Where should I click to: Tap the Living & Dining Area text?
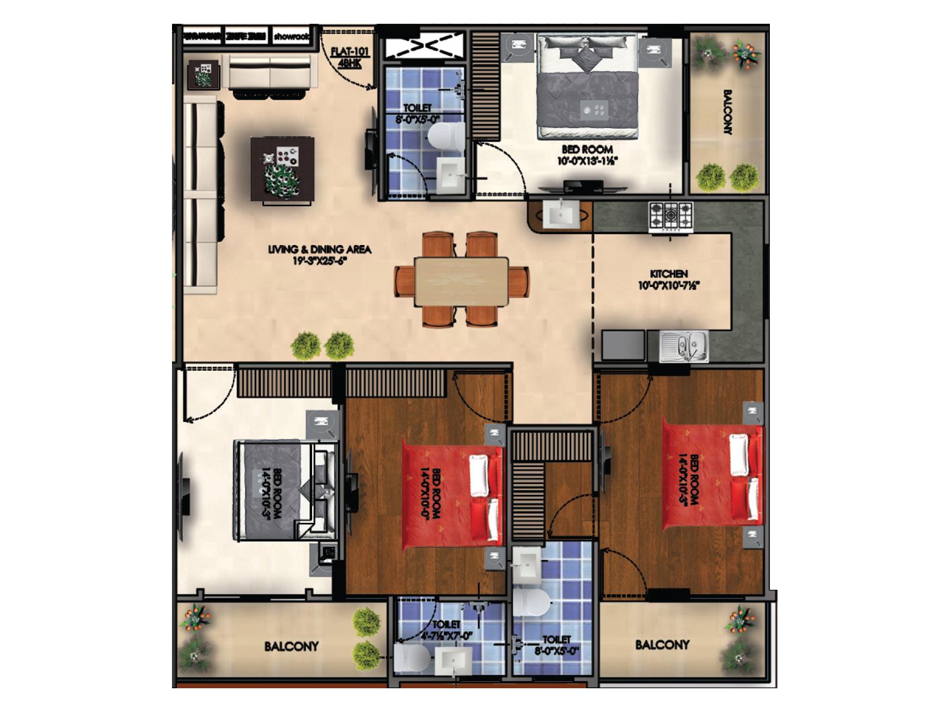(319, 255)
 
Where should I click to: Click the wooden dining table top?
(461, 281)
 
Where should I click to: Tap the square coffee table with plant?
(282, 170)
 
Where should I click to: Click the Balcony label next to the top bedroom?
(728, 112)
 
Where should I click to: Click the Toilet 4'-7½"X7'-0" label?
(446, 630)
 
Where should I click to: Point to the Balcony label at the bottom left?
(291, 646)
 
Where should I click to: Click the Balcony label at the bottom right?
(662, 644)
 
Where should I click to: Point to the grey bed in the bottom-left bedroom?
(276, 490)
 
